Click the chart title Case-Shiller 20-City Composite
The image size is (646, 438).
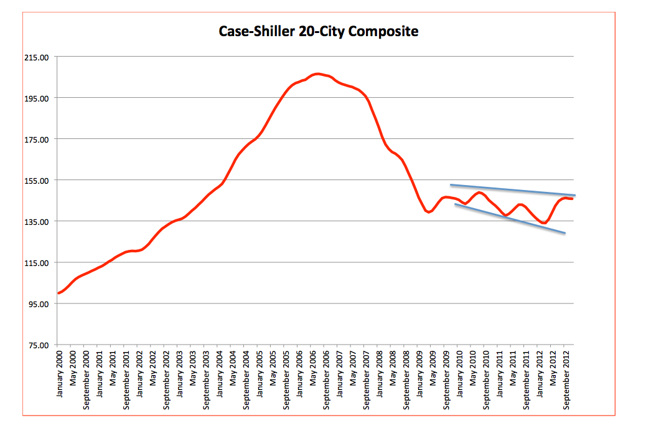click(319, 31)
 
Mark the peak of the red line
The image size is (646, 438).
click(317, 74)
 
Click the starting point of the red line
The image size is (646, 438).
click(59, 293)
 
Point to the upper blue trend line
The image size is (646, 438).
click(512, 190)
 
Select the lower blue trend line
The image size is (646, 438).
click(510, 219)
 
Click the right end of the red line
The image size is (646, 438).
click(572, 199)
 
